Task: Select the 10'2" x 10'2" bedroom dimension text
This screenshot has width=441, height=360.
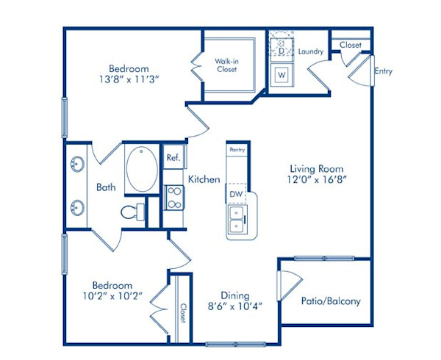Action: pos(112,297)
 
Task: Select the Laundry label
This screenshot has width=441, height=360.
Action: pos(312,52)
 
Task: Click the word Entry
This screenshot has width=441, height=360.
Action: pos(383,72)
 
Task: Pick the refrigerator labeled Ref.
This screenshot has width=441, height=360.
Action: pos(173,157)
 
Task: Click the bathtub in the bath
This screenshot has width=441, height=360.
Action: pos(140,170)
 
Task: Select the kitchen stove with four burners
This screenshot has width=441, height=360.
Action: pos(173,198)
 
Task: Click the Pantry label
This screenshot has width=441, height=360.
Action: pos(237,149)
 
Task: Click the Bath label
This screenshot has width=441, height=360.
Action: pos(106,187)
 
